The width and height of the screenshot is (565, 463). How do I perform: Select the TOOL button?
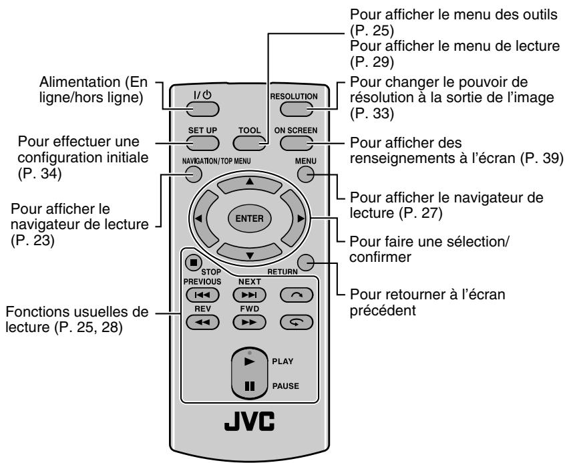[248, 142]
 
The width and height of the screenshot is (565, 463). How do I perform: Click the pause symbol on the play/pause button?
[248, 385]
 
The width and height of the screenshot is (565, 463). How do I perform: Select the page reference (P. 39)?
[542, 158]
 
